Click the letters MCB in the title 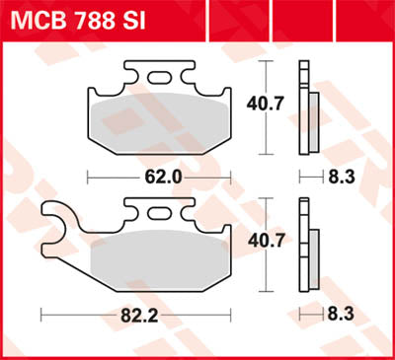tap(34, 20)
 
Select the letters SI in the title tap(134, 20)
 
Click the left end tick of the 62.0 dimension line tap(89, 178)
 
